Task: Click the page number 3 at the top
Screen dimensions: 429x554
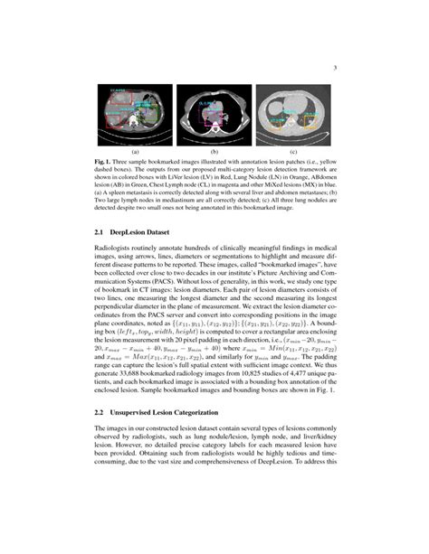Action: tap(335, 66)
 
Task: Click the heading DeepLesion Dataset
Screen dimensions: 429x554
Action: tap(145, 232)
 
